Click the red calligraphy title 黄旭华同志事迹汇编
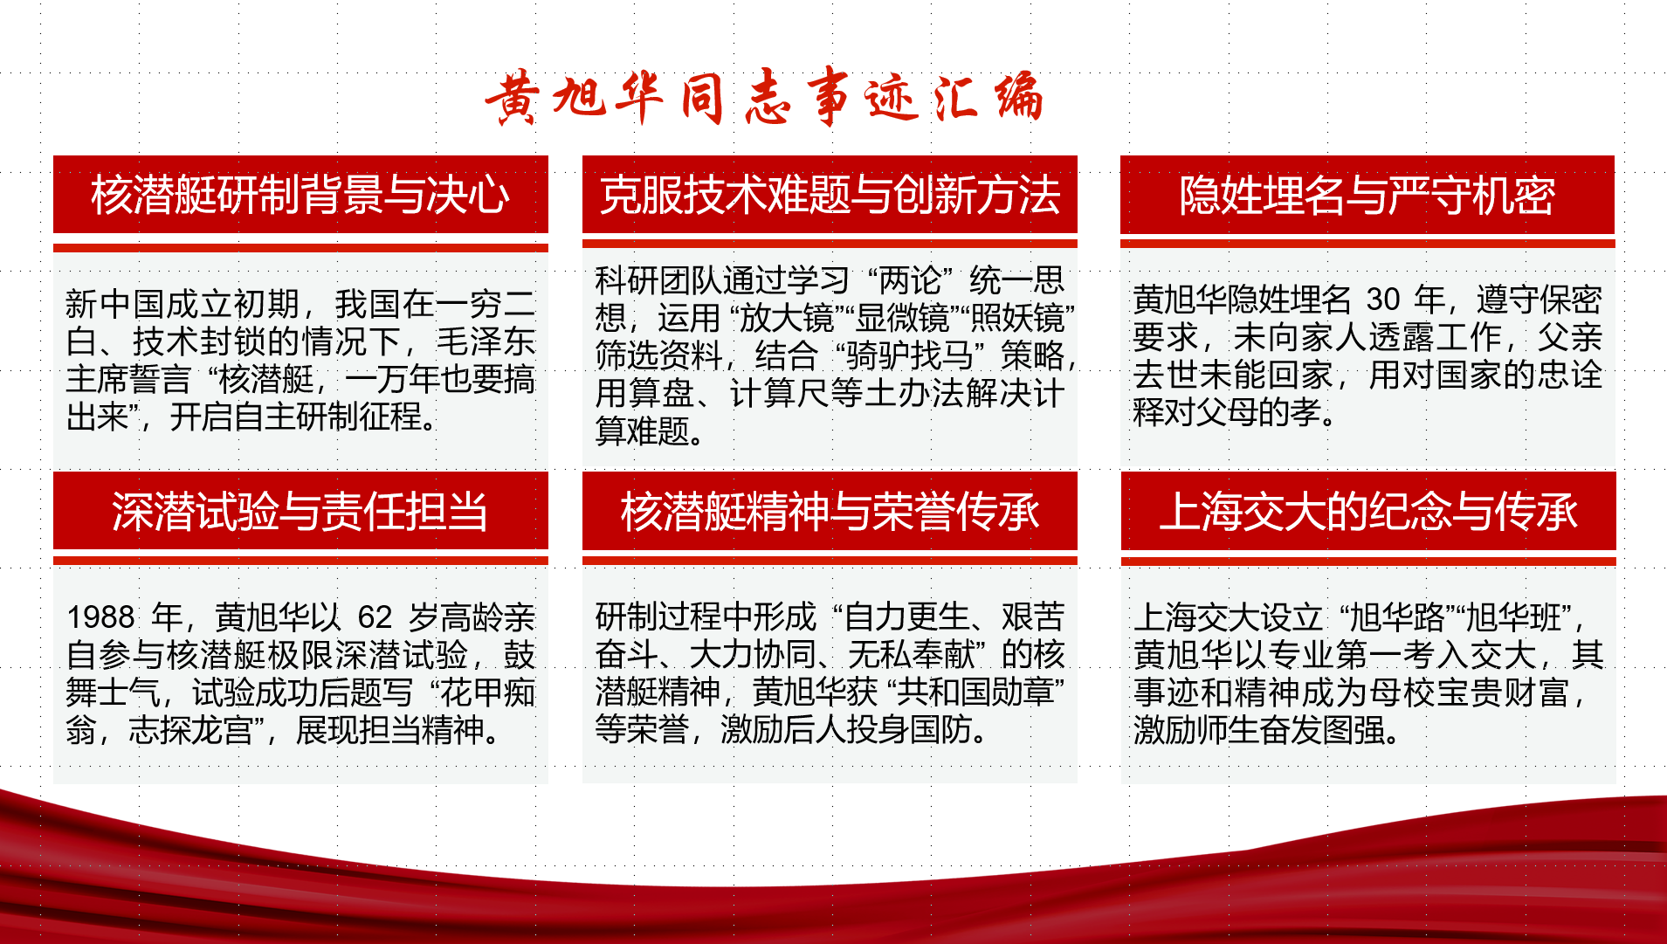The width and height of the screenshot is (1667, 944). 764,96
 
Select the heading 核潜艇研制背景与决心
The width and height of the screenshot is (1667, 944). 300,194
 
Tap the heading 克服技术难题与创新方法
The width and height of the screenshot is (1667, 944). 830,194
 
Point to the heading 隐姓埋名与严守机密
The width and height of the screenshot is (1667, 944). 1367,194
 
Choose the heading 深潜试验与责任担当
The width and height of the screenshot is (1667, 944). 300,511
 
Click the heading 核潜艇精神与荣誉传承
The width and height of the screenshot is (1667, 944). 830,511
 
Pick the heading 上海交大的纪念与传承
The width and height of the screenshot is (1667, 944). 1368,511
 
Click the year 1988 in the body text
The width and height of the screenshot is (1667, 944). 100,617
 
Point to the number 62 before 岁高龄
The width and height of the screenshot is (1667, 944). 375,617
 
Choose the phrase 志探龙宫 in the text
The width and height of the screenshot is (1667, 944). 191,730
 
